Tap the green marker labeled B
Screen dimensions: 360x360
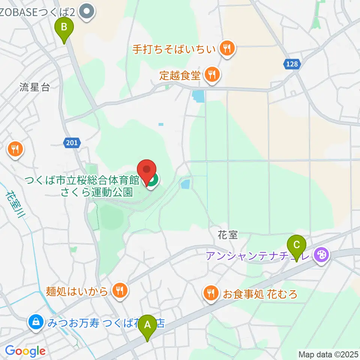tap(64, 28)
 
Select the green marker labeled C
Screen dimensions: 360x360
tap(296, 246)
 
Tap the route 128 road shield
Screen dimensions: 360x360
tap(291, 64)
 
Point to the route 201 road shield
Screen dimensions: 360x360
tap(71, 142)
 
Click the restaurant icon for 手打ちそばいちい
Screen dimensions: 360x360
tap(226, 48)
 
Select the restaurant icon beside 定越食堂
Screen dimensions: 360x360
tap(212, 75)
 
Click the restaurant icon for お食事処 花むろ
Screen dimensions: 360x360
tap(211, 293)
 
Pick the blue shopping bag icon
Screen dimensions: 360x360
tap(35, 322)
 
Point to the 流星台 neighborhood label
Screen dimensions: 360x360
tap(34, 88)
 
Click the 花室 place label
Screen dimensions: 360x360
tap(228, 235)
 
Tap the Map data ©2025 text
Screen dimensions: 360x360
tap(328, 354)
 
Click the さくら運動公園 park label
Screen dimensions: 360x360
tap(97, 192)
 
